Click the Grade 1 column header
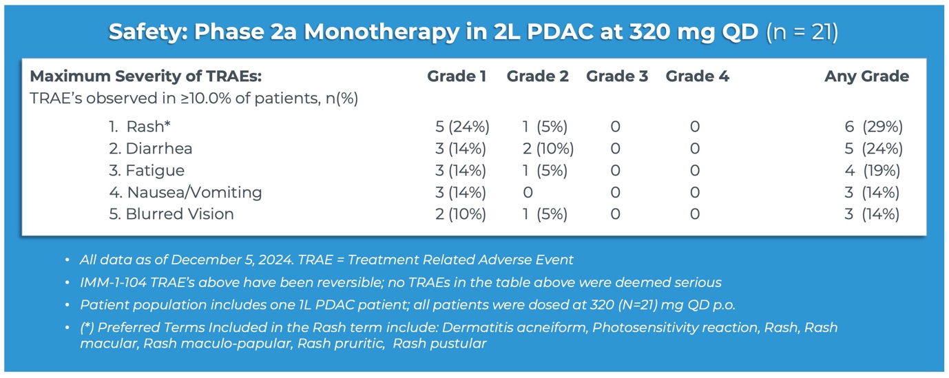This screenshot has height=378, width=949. point(457,76)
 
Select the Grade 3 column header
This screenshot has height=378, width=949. point(617,76)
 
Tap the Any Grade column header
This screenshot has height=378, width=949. point(866,76)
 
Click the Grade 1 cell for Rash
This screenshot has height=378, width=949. point(462,127)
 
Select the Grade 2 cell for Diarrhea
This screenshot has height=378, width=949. point(547,149)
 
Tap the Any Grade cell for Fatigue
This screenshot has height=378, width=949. point(873,171)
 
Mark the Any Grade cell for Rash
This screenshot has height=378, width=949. point(873,127)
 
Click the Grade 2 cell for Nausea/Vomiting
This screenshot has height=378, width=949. point(529,192)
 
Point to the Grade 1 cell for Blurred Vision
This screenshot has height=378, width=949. point(461,214)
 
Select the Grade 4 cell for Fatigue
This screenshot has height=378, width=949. point(694,171)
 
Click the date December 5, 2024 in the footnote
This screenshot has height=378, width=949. point(255,260)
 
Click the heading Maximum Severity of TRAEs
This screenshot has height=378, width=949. point(146,76)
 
